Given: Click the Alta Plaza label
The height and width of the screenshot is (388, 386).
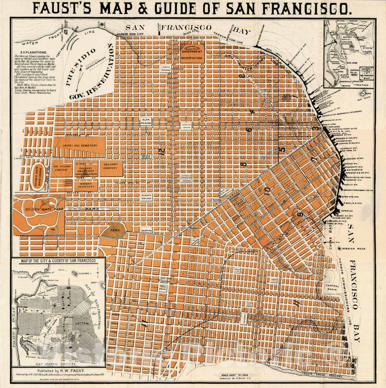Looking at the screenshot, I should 146,122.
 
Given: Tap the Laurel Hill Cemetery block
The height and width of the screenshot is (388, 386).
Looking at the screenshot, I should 80,146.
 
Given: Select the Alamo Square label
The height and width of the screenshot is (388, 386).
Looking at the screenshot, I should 146,196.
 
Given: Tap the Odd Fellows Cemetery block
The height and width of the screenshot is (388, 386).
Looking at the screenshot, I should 61,168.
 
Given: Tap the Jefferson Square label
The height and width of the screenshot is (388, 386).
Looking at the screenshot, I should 186,178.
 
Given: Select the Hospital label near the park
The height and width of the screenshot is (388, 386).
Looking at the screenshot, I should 147,231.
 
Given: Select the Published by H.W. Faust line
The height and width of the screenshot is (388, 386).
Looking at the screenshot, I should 57,372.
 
